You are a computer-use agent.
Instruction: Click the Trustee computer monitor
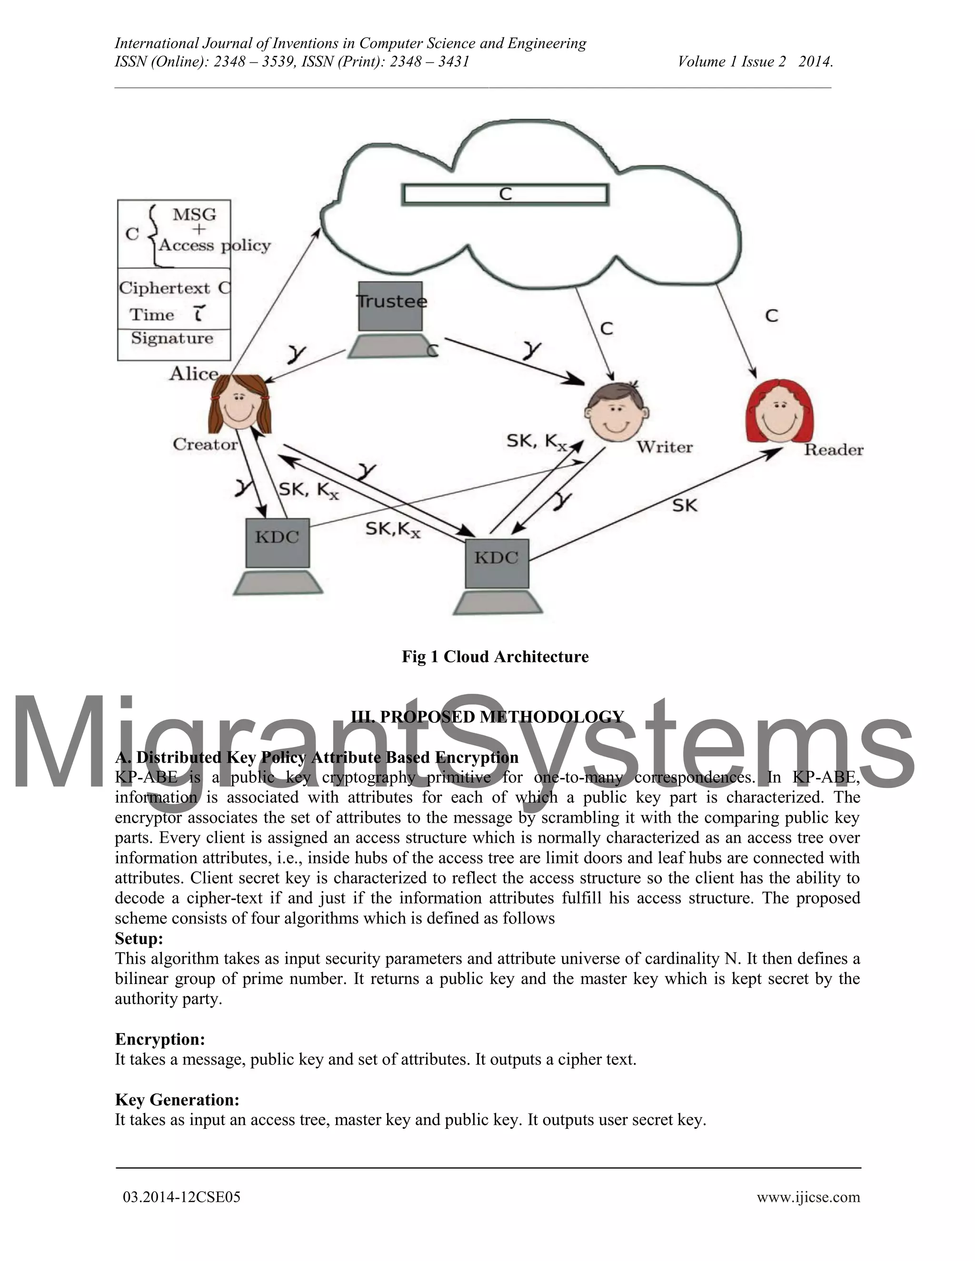click(x=390, y=306)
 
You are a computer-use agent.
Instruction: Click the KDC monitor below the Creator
click(x=277, y=542)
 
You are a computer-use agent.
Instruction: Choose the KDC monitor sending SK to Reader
click(x=497, y=563)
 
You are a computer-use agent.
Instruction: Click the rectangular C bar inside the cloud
click(x=505, y=194)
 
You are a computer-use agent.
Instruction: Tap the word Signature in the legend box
click(x=172, y=338)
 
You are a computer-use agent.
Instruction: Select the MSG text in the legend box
click(x=195, y=214)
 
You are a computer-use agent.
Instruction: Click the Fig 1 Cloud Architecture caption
click(x=495, y=657)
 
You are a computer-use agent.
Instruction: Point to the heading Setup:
click(x=139, y=938)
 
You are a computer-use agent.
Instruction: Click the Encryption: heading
click(x=160, y=1039)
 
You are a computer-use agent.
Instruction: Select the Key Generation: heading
click(x=177, y=1099)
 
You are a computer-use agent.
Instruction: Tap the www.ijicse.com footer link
click(x=808, y=1197)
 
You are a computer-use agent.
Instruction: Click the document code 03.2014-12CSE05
click(x=181, y=1197)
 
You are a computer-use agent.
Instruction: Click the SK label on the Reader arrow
click(x=685, y=505)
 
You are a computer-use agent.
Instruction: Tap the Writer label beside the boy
click(x=664, y=447)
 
